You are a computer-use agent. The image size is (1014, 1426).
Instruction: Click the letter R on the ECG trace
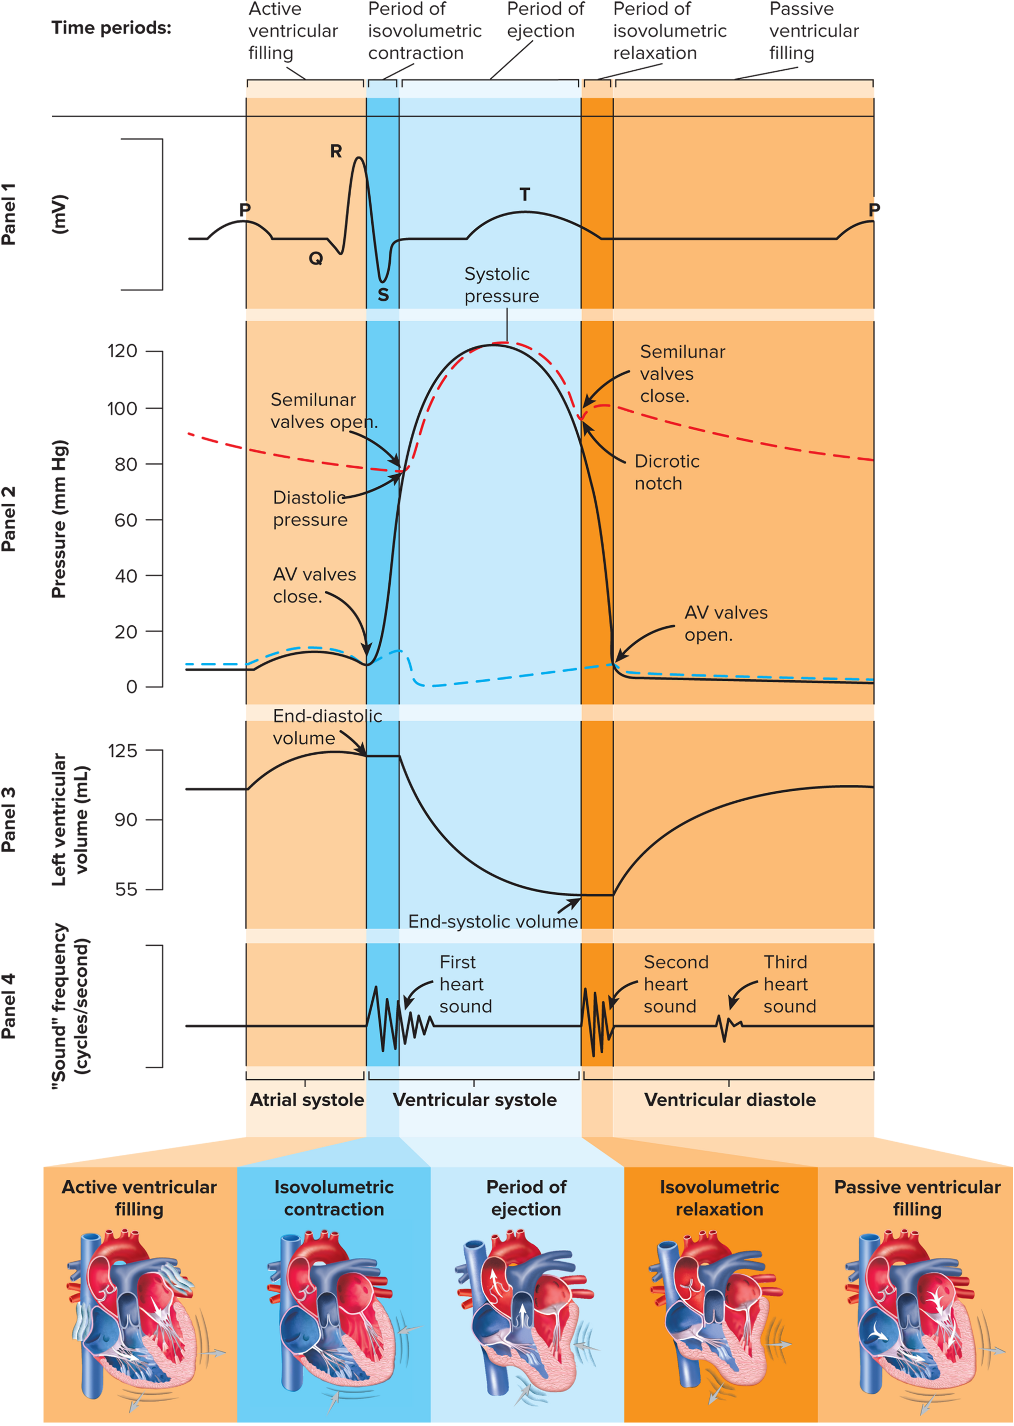click(x=336, y=151)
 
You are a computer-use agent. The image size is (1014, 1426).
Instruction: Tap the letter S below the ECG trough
click(x=383, y=295)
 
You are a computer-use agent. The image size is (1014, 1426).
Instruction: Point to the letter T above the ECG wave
click(x=524, y=195)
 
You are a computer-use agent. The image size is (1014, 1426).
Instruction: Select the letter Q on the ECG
click(x=316, y=258)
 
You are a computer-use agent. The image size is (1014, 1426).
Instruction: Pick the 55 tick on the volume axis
click(x=126, y=889)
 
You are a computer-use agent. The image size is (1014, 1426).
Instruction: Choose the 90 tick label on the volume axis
click(x=126, y=819)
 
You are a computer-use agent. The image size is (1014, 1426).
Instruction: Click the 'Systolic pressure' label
click(x=501, y=285)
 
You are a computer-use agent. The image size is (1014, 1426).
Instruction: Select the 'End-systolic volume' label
click(x=493, y=922)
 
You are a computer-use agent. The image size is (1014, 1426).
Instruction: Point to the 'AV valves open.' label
click(x=726, y=624)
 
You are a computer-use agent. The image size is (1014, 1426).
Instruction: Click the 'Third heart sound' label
click(x=789, y=984)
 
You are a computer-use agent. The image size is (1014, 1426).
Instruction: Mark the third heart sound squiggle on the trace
click(x=727, y=1026)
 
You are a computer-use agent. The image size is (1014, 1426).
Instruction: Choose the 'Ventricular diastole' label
click(x=729, y=1100)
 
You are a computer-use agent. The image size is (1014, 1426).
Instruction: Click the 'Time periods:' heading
click(x=111, y=28)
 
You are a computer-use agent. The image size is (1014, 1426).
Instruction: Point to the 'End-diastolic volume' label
click(x=326, y=727)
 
